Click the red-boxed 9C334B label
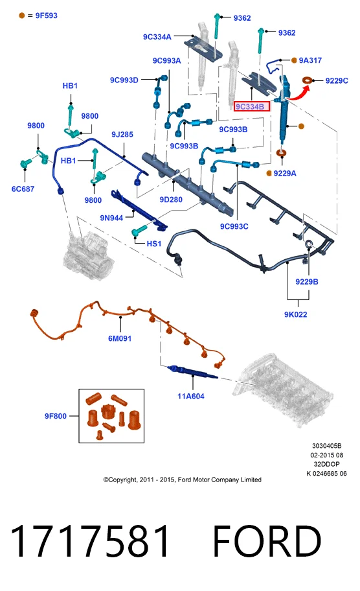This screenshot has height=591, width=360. [x=252, y=107]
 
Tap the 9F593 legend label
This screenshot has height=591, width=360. [x=47, y=16]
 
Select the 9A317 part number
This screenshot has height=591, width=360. [x=310, y=60]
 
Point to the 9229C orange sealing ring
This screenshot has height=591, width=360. [x=308, y=80]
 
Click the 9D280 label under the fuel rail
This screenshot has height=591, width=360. [x=171, y=200]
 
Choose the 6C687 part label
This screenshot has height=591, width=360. [x=23, y=189]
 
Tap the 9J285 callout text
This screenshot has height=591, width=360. [x=122, y=134]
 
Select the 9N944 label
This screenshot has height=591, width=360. [x=111, y=218]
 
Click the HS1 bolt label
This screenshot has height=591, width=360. [x=154, y=244]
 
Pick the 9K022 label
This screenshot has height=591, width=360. [x=296, y=314]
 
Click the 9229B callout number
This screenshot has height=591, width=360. [x=307, y=281]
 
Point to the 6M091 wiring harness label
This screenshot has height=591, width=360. [x=120, y=338]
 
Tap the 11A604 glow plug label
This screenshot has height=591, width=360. [x=191, y=396]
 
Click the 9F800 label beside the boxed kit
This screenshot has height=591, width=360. [x=56, y=416]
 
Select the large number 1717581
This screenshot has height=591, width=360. [x=90, y=541]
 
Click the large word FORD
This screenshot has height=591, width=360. [x=267, y=541]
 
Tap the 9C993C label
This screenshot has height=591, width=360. [x=234, y=226]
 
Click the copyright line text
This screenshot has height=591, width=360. [x=182, y=480]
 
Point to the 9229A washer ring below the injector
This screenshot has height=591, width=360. [x=281, y=153]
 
